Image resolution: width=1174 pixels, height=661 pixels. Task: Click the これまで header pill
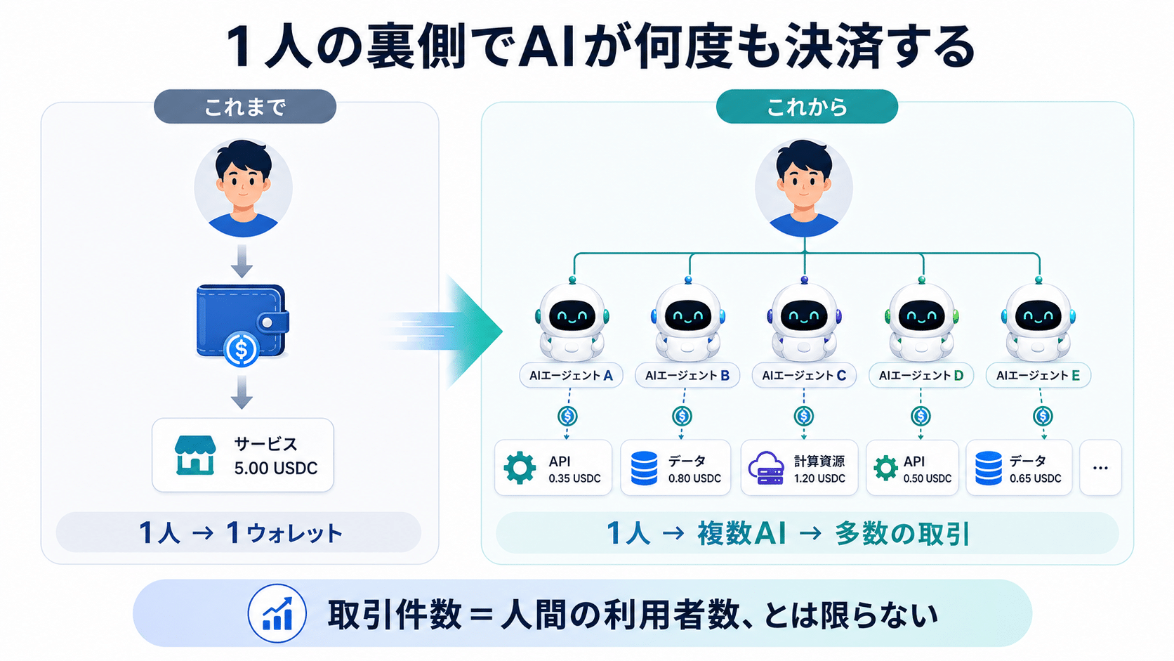pos(245,107)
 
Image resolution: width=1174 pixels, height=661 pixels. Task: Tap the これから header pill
pos(807,107)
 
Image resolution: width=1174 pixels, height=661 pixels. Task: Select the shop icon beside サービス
pos(195,455)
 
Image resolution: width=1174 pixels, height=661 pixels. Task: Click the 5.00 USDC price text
pos(276,468)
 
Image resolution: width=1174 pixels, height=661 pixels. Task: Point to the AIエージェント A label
pos(571,375)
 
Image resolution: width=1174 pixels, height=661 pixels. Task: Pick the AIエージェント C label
pos(803,375)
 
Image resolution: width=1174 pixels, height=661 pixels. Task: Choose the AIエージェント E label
pos(1038,375)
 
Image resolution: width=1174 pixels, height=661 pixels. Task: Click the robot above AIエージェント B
pos(687,320)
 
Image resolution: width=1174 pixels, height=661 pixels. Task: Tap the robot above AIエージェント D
pos(921,320)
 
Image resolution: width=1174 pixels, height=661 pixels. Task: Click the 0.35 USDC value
pos(574,478)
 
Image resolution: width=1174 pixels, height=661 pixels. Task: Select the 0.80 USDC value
pos(694,478)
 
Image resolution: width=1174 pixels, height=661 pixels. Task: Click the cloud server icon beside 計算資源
pos(766,468)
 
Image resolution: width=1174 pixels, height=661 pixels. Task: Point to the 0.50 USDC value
pos(927,478)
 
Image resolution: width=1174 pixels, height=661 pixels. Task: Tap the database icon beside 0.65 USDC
pos(989,468)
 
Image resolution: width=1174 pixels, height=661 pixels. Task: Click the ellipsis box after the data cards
pos(1100,468)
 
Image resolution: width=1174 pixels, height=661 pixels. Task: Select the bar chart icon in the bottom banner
pos(277,613)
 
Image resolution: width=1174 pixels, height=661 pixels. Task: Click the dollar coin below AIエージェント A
pos(567,417)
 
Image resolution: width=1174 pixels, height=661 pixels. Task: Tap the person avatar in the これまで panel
pos(243,188)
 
